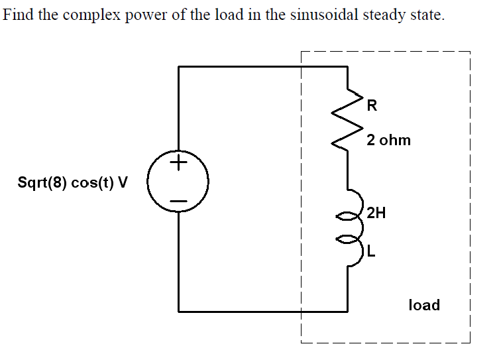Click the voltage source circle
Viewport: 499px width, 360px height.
pyautogui.click(x=178, y=181)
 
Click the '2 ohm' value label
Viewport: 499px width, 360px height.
pyautogui.click(x=388, y=140)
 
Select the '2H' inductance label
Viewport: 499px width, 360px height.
pyautogui.click(x=376, y=213)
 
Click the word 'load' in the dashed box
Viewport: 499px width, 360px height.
pyautogui.click(x=424, y=305)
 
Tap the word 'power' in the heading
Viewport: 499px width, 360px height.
pyautogui.click(x=149, y=15)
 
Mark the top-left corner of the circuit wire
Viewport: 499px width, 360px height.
pyautogui.click(x=178, y=66)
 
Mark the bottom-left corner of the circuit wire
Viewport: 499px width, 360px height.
pyautogui.click(x=178, y=310)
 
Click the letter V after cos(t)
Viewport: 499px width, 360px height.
pyautogui.click(x=123, y=183)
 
